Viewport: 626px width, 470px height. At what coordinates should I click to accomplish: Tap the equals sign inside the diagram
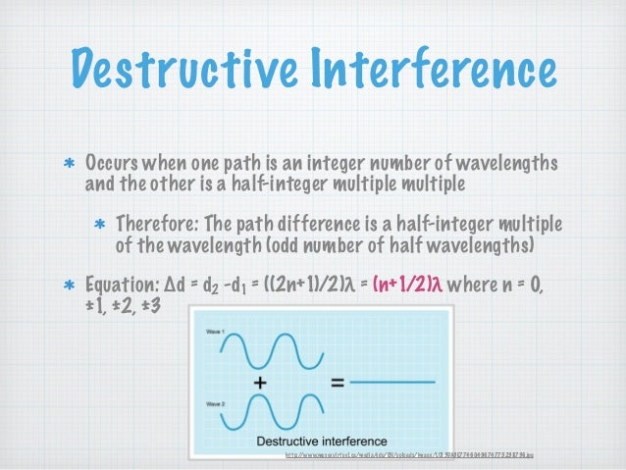click(x=337, y=385)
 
